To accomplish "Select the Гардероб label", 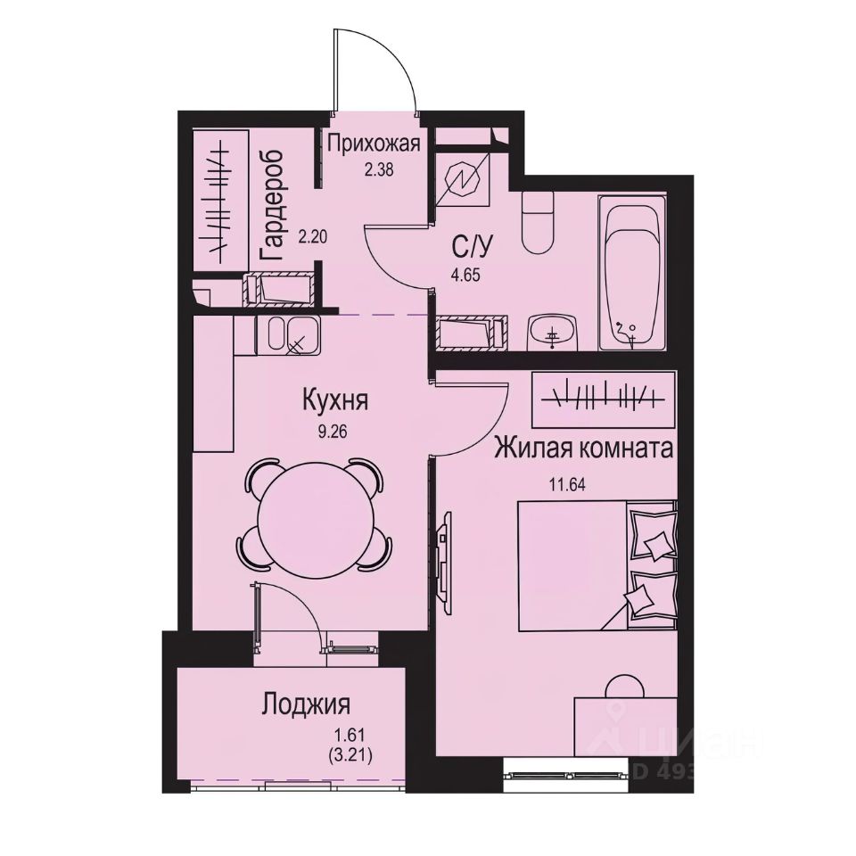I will (x=271, y=205).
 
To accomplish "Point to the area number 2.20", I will (x=311, y=238).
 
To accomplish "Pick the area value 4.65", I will (x=465, y=275).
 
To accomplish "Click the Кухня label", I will (x=333, y=400).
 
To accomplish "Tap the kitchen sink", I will (x=287, y=335).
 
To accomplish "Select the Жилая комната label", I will (x=583, y=449).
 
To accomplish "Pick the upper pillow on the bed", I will (x=654, y=537).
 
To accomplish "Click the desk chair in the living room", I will (x=624, y=688).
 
